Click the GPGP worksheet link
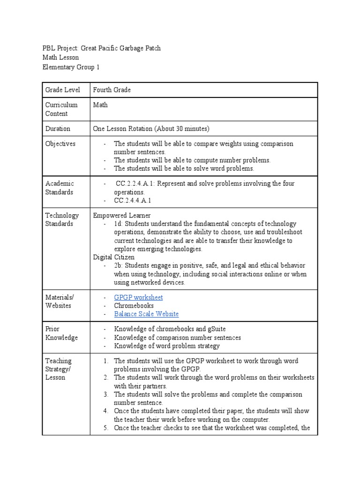[x=138, y=297]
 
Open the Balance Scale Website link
[x=146, y=314]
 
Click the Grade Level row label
[x=62, y=90]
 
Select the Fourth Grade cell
[x=112, y=90]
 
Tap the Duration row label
[x=58, y=128]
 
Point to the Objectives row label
[x=60, y=143]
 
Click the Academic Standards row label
[x=60, y=187]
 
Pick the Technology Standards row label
[x=62, y=219]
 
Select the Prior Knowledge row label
[x=61, y=333]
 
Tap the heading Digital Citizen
[x=113, y=257]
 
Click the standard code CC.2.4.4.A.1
[x=133, y=201]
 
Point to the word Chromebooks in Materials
[x=134, y=306]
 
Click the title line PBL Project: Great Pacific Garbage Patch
[x=101, y=48]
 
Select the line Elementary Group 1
[x=71, y=67]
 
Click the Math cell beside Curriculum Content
[x=100, y=105]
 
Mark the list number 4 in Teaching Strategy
[x=106, y=411]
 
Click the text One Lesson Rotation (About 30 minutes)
[x=151, y=128]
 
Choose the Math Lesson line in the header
[x=60, y=58]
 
